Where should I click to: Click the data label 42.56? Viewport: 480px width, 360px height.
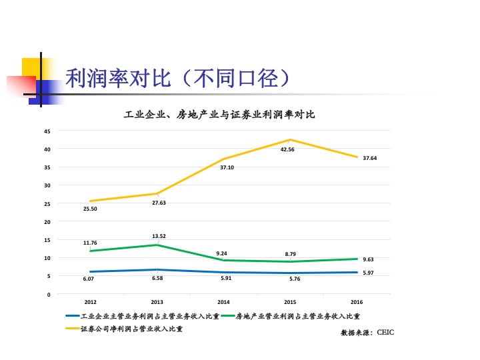(287, 149)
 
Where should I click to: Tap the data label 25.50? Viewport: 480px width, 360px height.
(90, 209)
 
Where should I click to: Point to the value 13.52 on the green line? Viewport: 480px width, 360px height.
(159, 236)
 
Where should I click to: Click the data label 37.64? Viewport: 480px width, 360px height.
(370, 158)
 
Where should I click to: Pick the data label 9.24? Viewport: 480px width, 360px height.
(222, 253)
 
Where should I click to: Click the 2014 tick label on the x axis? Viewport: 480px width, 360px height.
(223, 302)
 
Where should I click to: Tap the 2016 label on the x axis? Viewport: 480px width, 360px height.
(357, 302)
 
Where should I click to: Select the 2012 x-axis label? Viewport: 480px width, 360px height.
(90, 302)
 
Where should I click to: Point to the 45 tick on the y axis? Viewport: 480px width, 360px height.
(47, 131)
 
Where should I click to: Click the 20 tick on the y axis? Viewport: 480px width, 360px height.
(47, 221)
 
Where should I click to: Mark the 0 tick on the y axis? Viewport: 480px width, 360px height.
(49, 294)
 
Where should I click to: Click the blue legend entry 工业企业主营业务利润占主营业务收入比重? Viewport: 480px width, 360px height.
(149, 316)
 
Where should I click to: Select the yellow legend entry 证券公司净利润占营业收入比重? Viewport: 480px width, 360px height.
(131, 328)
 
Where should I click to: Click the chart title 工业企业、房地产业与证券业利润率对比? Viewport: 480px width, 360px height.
(219, 115)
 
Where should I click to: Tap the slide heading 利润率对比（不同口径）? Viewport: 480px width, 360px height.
(178, 79)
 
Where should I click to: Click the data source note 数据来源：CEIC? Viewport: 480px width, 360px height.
(367, 331)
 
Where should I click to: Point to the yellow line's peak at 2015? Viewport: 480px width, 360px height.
(290, 140)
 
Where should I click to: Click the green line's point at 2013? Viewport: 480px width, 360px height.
(157, 245)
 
